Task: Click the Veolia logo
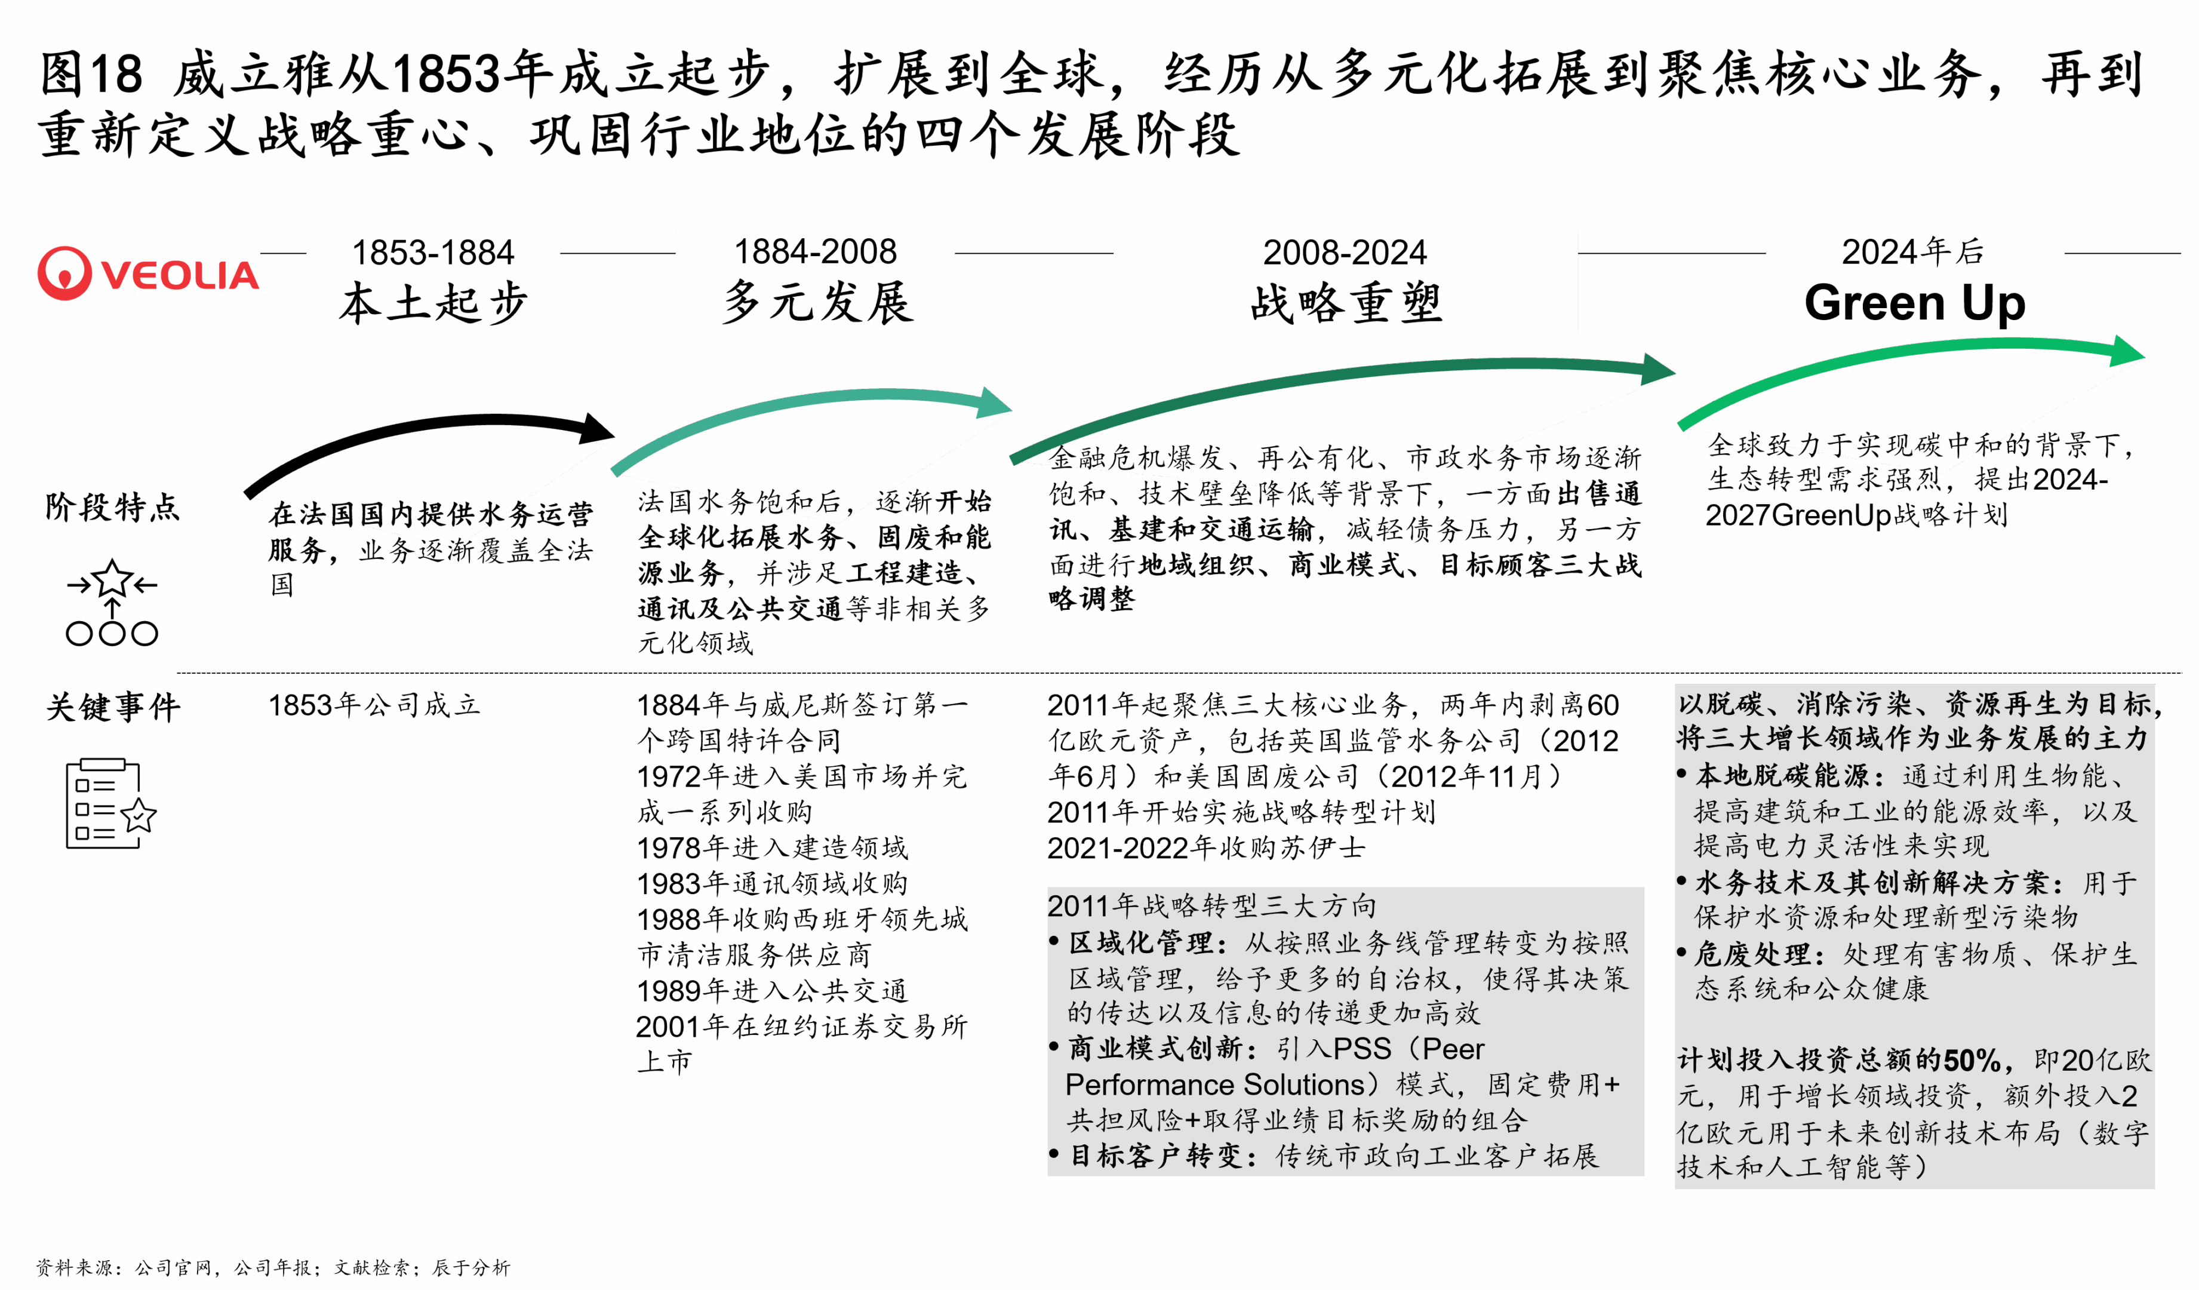[147, 272]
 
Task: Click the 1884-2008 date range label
[815, 252]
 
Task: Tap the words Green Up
[1915, 303]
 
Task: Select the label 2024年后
[1913, 252]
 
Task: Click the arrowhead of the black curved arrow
[597, 429]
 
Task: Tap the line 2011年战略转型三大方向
[1212, 906]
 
